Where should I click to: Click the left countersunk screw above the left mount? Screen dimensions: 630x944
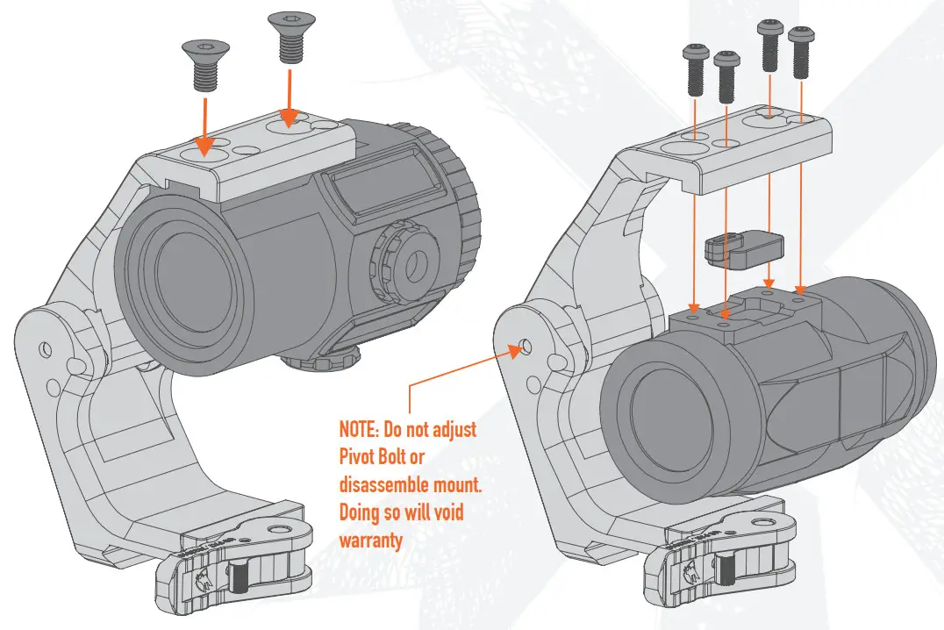point(204,65)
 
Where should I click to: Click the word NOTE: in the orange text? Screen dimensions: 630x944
point(360,431)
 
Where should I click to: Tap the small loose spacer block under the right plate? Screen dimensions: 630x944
point(744,248)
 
